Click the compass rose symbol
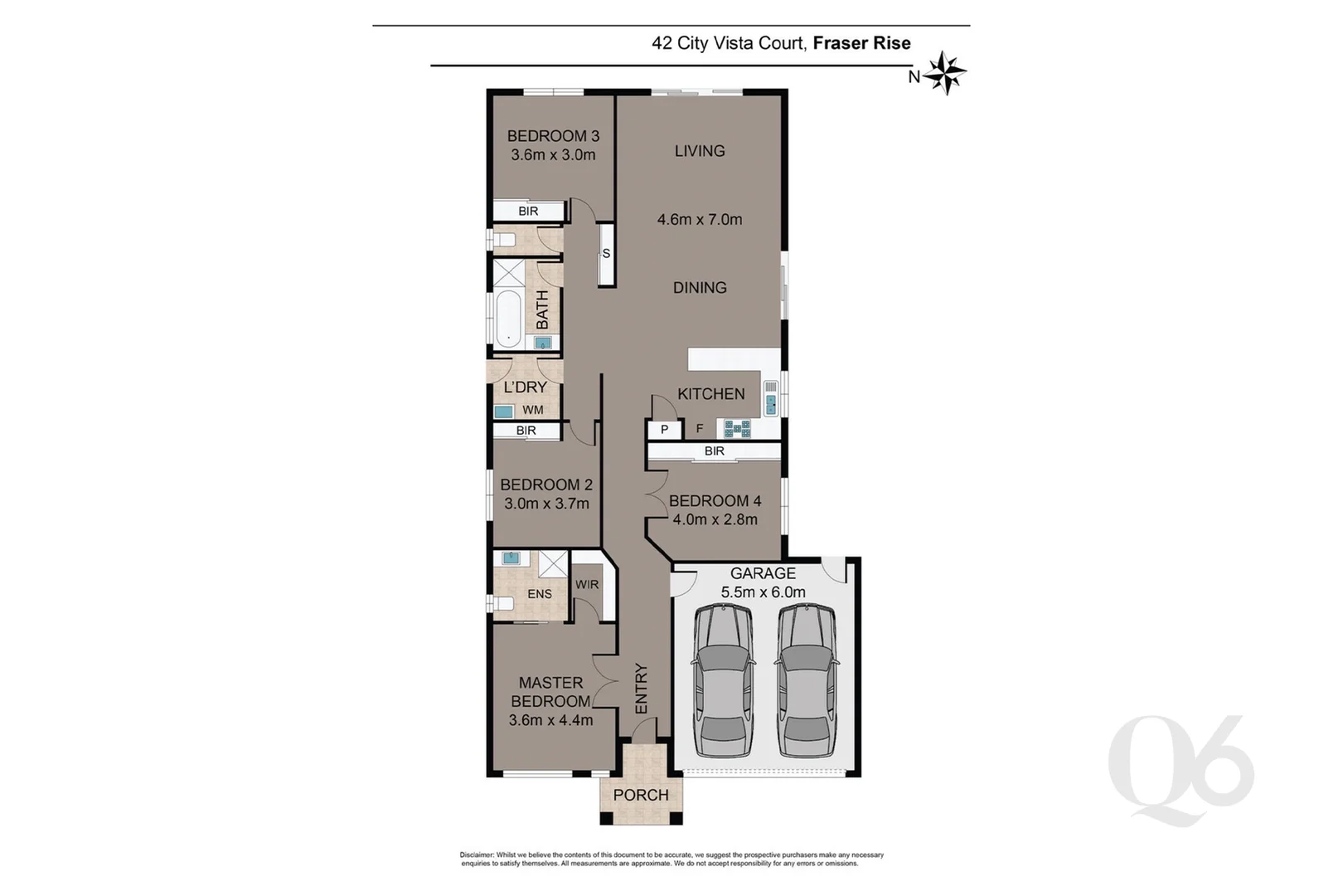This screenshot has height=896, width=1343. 944,73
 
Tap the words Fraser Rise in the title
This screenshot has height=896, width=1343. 861,43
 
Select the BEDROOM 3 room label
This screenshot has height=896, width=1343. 553,136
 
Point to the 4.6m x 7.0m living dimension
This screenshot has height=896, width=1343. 700,220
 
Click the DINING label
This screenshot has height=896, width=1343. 700,288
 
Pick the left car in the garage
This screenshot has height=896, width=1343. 724,680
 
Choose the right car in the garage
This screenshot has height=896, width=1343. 807,680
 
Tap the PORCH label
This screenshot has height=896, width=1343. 641,795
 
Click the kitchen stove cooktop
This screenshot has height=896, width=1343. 738,428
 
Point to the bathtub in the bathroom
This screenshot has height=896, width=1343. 508,319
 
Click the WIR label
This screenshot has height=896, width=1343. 587,585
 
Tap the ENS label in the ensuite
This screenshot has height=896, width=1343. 540,594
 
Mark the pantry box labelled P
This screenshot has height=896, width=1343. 664,430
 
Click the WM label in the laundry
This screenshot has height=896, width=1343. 533,410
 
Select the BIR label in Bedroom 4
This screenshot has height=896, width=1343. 714,451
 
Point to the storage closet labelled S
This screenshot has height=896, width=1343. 606,255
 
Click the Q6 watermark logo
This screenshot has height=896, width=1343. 1181,770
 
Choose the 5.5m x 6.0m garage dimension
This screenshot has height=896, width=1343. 763,592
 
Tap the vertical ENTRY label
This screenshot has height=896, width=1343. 642,689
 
